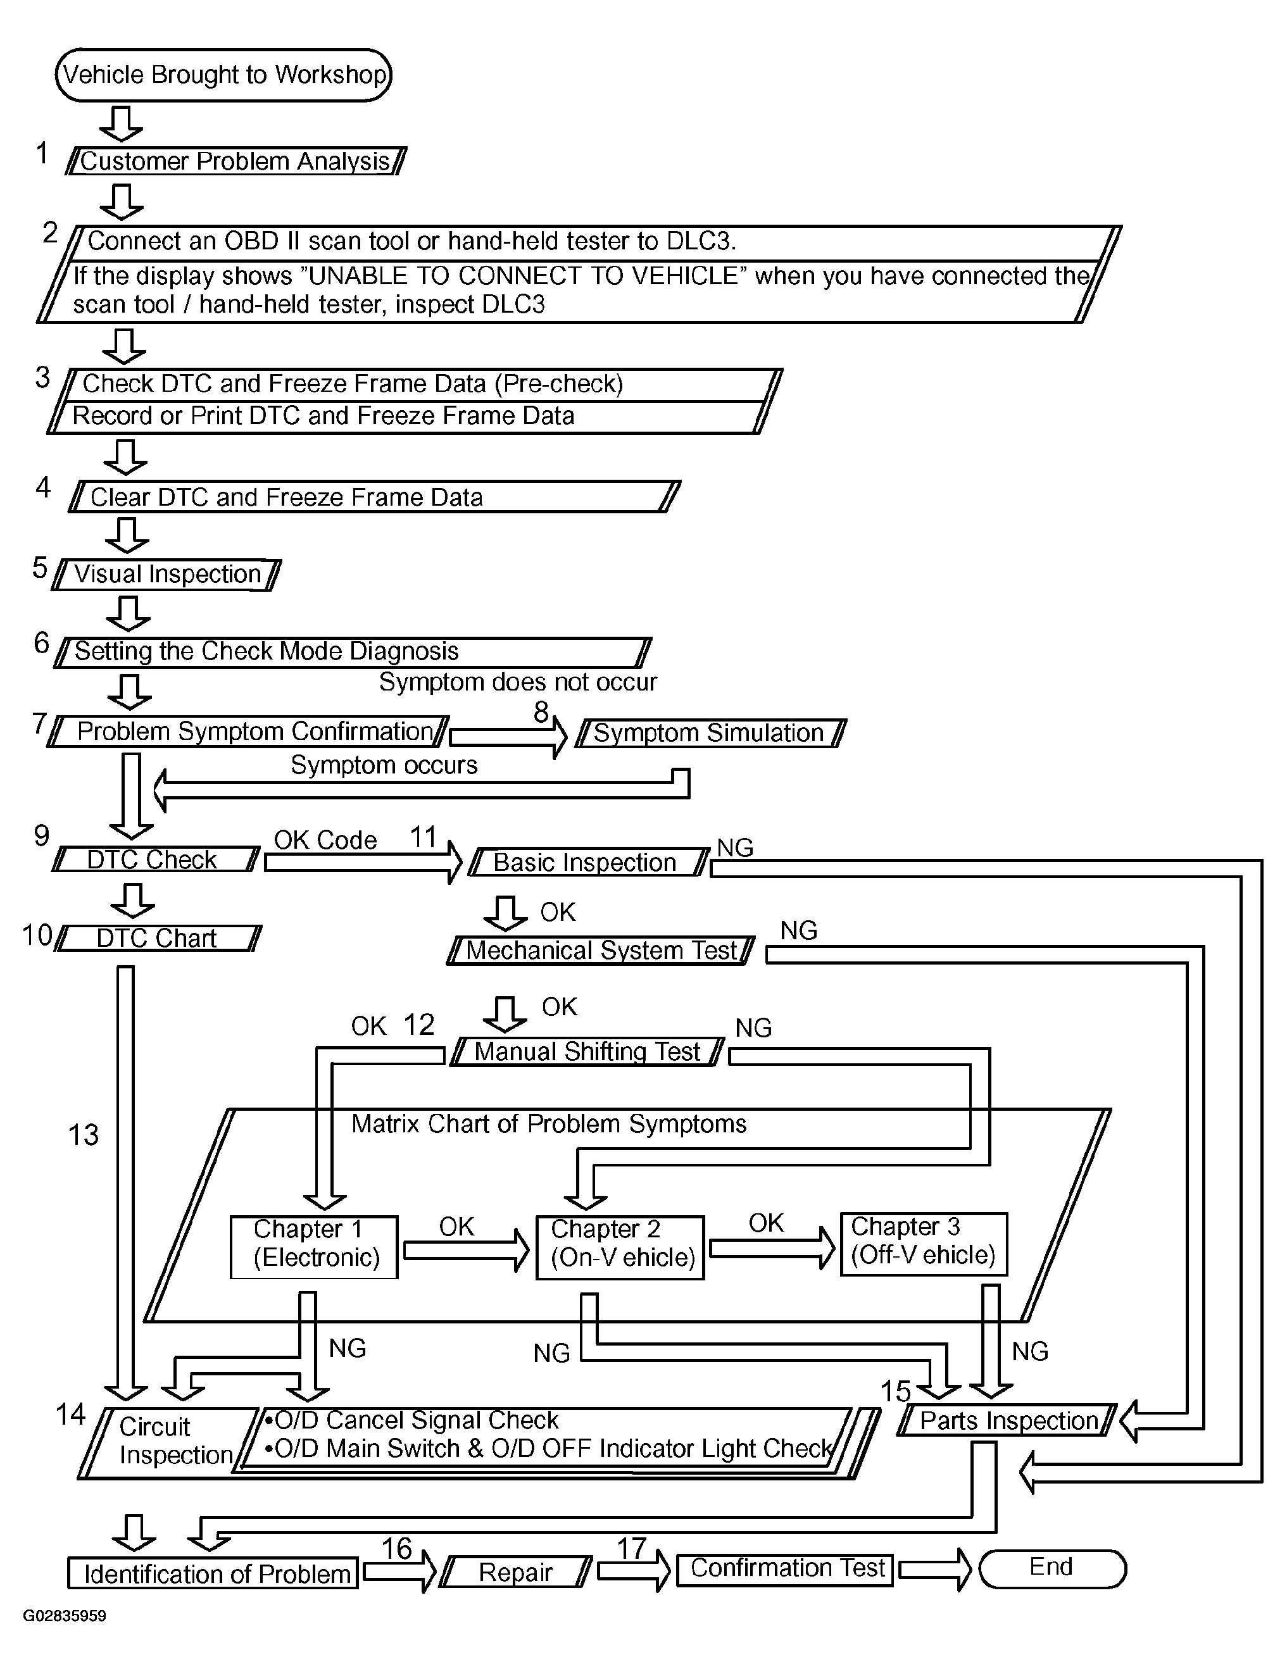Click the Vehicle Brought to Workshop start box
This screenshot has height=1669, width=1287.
(223, 75)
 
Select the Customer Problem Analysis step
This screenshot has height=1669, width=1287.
(235, 161)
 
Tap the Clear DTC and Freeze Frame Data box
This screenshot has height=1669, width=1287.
(375, 497)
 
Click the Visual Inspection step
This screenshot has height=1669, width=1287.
(166, 575)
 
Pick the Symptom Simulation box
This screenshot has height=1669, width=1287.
(710, 733)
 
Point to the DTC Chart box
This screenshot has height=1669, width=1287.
(158, 939)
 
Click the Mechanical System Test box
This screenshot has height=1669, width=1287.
(601, 951)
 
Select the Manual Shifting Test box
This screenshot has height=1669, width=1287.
(587, 1051)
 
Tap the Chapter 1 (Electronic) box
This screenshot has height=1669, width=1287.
(314, 1247)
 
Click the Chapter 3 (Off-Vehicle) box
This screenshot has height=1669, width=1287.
(923, 1244)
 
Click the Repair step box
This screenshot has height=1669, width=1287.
(516, 1572)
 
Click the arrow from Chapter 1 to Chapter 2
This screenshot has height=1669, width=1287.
(466, 1250)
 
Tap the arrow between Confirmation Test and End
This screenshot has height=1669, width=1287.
(934, 1570)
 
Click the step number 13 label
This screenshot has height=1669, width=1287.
(84, 1135)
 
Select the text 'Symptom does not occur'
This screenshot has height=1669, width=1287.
(518, 682)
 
